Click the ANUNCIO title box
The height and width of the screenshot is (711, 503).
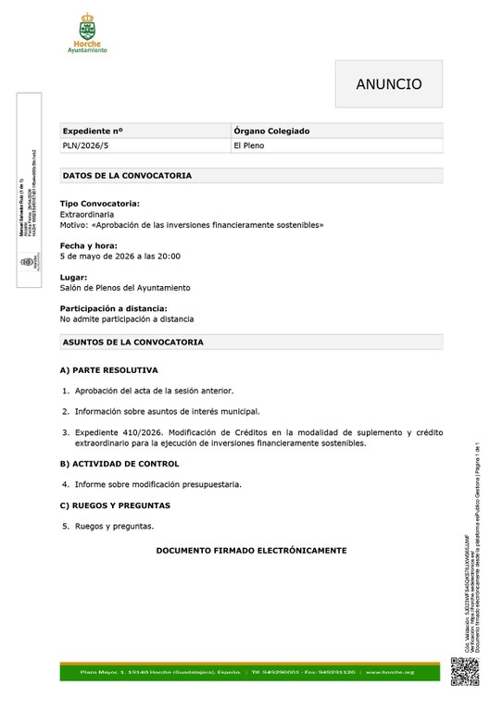point(388,84)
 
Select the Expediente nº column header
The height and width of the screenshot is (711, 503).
point(93,131)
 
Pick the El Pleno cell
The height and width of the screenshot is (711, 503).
point(252,146)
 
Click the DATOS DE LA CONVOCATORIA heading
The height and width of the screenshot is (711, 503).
point(127,175)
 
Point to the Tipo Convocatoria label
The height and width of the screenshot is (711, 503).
point(100,203)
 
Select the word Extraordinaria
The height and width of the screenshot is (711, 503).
point(87,214)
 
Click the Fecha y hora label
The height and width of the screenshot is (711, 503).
point(90,245)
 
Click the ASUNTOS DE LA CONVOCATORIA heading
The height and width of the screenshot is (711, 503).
point(132,343)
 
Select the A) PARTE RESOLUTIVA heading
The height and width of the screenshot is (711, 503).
point(108,370)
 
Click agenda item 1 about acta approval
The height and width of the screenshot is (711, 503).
point(154,391)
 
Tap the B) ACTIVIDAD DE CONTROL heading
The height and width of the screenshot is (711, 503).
point(119,464)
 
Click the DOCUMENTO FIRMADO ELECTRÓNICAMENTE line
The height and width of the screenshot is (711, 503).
point(251,551)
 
